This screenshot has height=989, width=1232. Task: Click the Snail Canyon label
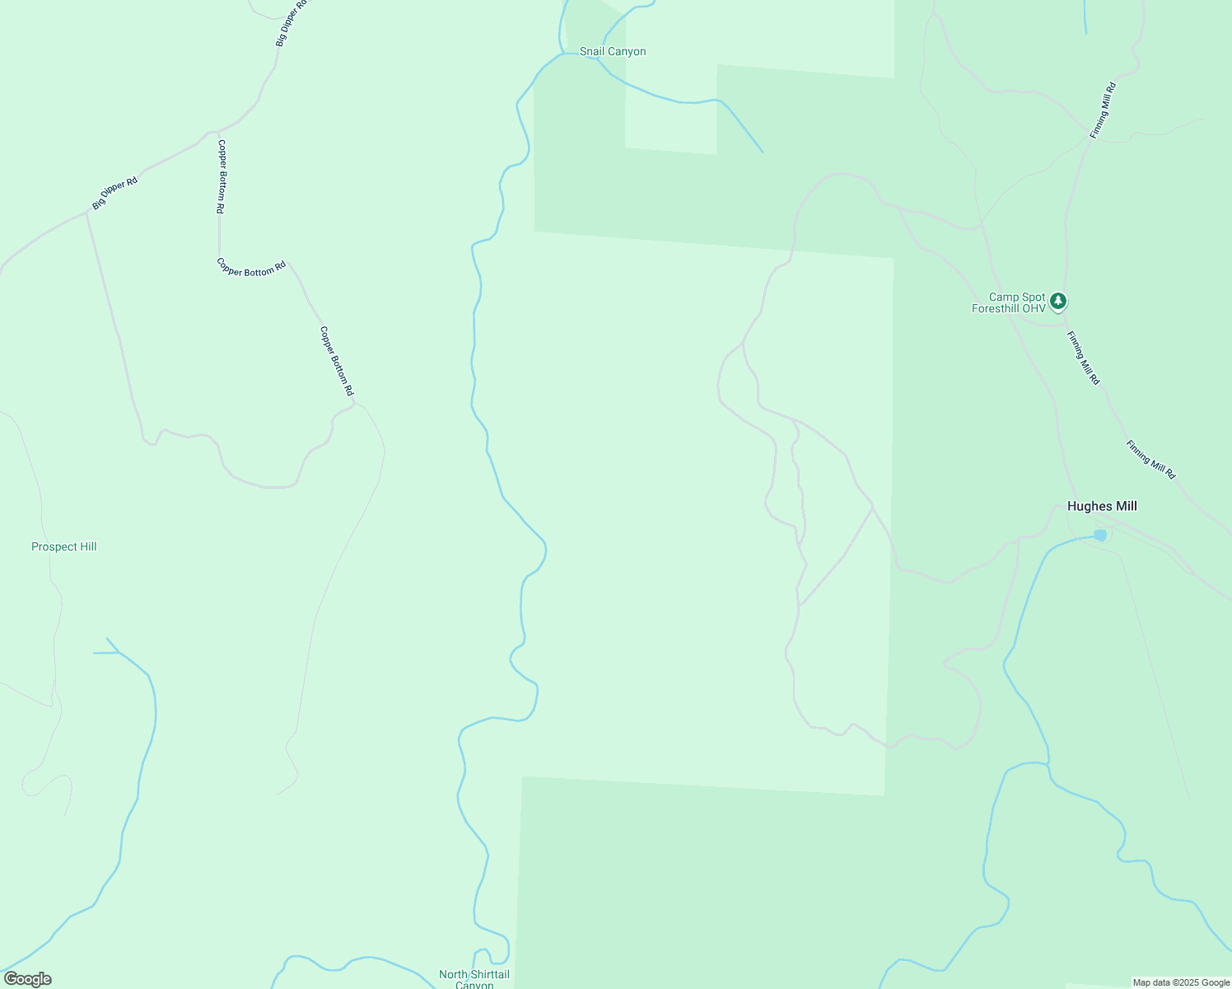pos(613,52)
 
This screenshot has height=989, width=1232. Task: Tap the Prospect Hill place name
pos(64,546)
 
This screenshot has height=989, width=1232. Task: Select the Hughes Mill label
pos(1102,506)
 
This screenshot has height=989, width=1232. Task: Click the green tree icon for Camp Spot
pos(1059,301)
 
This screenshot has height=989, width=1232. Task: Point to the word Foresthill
pos(997,309)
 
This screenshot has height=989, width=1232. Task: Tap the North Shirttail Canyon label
pos(474,979)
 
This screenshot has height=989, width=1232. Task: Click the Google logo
pos(27,979)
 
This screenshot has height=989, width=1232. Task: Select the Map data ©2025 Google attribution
pos(1181,982)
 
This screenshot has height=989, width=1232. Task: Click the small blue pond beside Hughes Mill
pos(1100,536)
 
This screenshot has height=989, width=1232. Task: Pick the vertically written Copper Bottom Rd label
pos(221,176)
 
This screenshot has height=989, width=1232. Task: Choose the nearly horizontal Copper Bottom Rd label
pos(251,267)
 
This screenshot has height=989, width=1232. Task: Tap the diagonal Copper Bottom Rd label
pos(336,360)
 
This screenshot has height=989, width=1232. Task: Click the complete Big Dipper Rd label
pos(114,193)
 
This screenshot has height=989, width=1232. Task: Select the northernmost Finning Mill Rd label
pos(1103,110)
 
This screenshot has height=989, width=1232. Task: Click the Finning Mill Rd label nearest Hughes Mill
pos(1150,460)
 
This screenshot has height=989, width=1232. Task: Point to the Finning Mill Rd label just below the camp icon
pos(1083,358)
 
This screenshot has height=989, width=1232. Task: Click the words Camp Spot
pos(1016,297)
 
